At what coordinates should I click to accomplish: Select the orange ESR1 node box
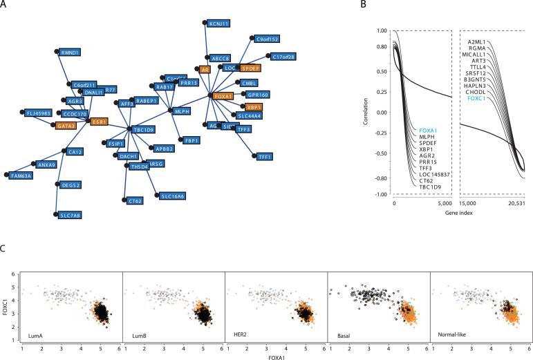[x=100, y=121]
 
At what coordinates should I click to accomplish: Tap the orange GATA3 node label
[x=65, y=125]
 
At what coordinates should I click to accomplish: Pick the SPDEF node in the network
[x=250, y=68]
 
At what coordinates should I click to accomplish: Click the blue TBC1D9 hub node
[x=142, y=129]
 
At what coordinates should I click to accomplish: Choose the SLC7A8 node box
[x=69, y=216]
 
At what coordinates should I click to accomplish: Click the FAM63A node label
[x=20, y=176]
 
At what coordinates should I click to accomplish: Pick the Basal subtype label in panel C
[x=344, y=336]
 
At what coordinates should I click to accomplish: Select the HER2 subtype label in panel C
[x=241, y=336]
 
